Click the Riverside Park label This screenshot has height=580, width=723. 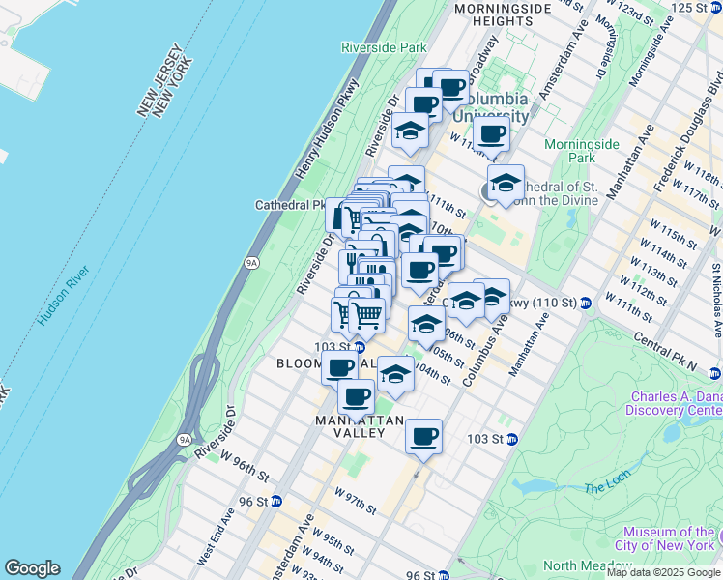coord(384,46)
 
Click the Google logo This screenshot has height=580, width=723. coord(32,568)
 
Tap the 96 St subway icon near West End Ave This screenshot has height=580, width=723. coord(276,501)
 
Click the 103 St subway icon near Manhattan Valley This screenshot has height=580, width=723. coord(512,439)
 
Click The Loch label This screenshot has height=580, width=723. coord(606,489)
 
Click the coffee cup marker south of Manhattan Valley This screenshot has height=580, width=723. coord(423,436)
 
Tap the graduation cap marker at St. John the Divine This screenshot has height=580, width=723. coord(506,182)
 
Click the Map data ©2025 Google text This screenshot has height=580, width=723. coord(663,572)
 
